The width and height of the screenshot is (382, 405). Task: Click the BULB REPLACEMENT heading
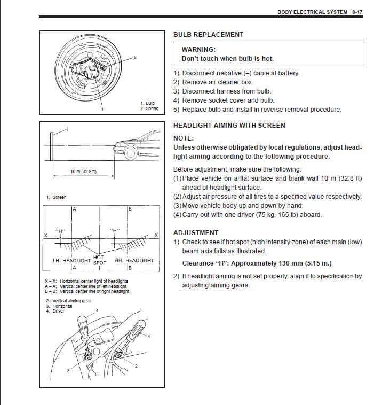208,35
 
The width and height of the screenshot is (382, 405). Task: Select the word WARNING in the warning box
198,50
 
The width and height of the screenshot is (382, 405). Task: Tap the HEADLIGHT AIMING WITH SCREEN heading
229,126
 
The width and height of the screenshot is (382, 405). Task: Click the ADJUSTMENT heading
196,233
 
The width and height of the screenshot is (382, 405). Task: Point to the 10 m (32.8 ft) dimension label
83,172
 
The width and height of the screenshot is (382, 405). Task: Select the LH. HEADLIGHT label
71,261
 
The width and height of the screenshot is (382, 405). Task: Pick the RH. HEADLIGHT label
134,261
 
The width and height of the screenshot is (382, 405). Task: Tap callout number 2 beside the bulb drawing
135,57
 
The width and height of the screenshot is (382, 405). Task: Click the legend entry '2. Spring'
149,108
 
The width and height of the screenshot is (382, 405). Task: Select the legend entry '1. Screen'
56,197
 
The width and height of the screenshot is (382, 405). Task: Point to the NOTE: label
184,138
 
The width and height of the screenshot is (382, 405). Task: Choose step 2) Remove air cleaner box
213,82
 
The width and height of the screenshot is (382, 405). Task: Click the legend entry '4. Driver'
55,311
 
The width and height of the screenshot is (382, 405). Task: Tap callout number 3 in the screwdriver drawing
68,370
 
